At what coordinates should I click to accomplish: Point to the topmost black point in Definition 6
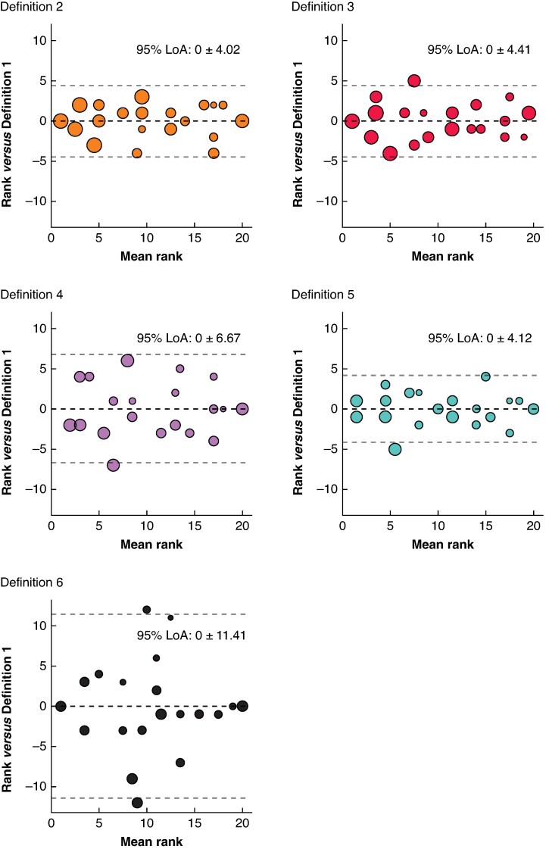pos(147,610)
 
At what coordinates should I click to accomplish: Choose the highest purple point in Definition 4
pos(127,361)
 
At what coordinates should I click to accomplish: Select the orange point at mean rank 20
pos(242,120)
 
